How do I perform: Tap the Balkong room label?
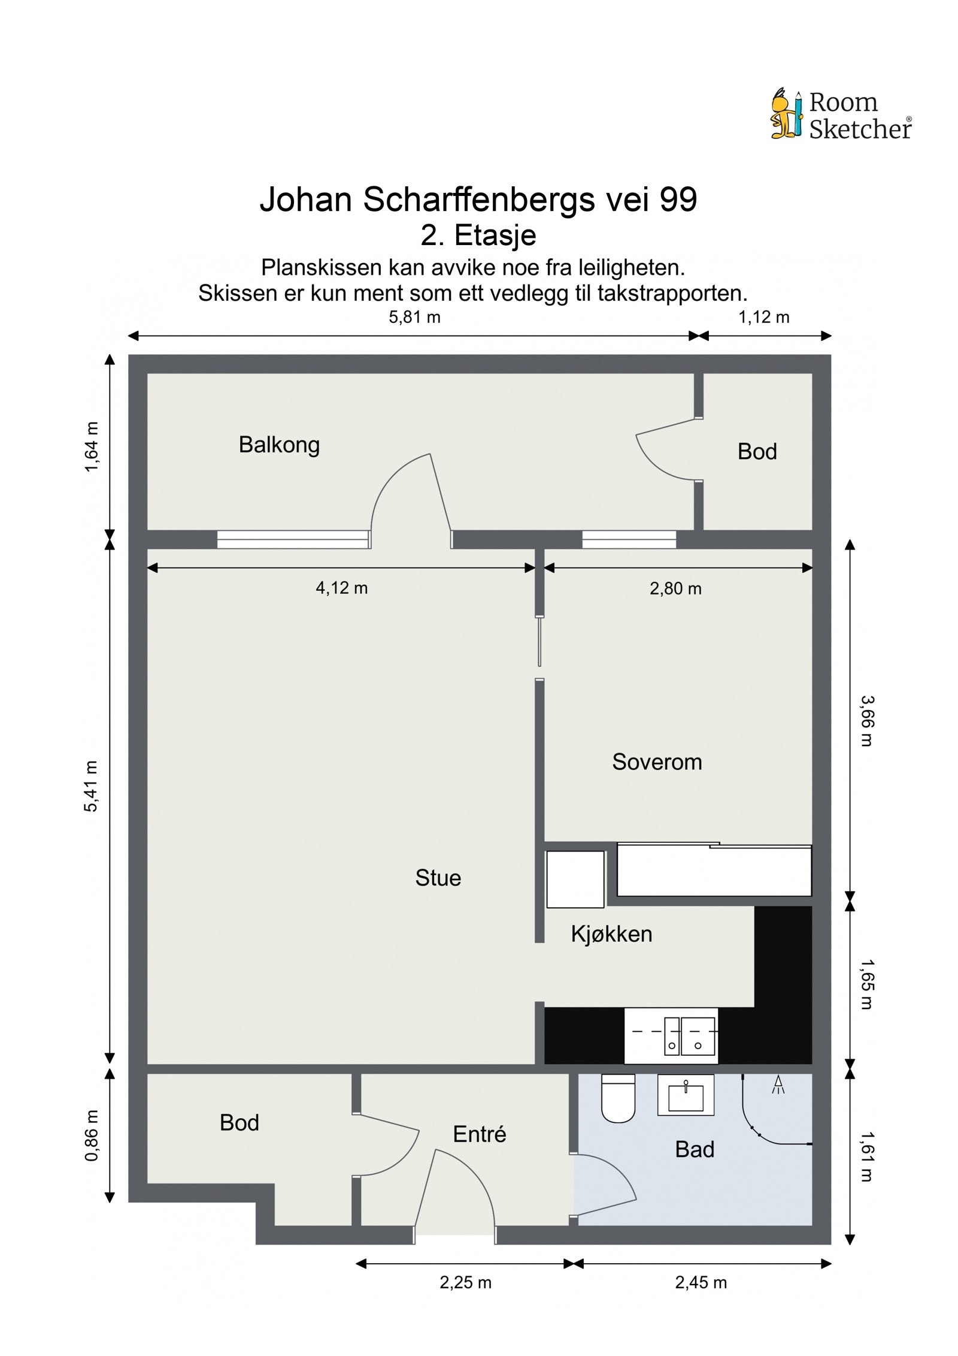pos(279,445)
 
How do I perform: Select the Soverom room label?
pos(657,762)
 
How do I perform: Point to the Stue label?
pos(438,878)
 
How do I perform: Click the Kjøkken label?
pos(611,934)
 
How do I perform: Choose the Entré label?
pos(480,1134)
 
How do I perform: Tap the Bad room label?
pos(695,1149)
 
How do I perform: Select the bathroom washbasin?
pos(686,1095)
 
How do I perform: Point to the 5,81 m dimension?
pos(414,317)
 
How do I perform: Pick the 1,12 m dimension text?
pos(763,317)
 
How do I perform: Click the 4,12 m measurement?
pos(341,588)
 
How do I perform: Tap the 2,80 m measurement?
pos(675,588)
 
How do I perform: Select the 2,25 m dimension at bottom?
pos(465,1282)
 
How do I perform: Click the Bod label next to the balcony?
pos(757,451)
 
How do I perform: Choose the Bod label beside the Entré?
pos(239,1122)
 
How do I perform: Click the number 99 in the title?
pos(678,200)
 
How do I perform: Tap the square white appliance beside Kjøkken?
pos(575,879)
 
